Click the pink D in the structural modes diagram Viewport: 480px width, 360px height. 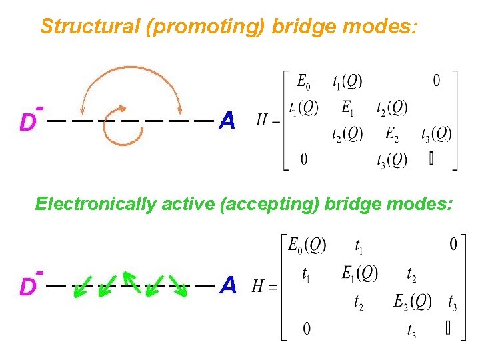(27, 122)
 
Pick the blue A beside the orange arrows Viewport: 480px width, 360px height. (227, 121)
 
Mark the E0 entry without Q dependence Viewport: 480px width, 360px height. (303, 82)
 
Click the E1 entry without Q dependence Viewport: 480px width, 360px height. (347, 107)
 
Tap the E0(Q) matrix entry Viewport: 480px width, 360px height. (307, 245)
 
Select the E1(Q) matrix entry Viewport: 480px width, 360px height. (360, 273)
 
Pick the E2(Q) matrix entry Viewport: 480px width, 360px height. (413, 301)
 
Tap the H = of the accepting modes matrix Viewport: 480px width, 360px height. (264, 287)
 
